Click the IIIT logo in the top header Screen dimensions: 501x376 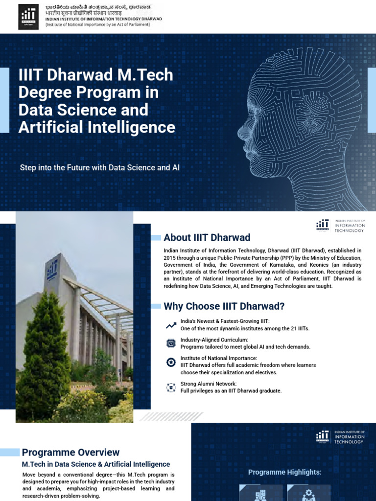pos(29,17)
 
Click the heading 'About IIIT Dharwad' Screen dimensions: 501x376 pos(207,238)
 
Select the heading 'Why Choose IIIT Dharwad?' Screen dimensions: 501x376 pos(224,306)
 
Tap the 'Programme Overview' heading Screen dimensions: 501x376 pos(70,453)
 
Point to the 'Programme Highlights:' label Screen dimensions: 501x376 pos(284,472)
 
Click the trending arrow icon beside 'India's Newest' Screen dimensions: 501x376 pos(171,325)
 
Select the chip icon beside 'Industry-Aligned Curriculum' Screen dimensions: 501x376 pos(171,343)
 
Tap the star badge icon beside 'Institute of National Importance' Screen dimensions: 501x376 pos(171,363)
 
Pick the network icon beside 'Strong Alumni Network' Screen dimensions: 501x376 pos(171,387)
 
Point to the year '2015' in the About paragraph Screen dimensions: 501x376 pos(171,257)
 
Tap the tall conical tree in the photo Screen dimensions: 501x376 pos(37,352)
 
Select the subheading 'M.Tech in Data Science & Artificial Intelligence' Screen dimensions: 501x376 pos(96,464)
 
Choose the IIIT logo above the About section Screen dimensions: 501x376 pos(323,226)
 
